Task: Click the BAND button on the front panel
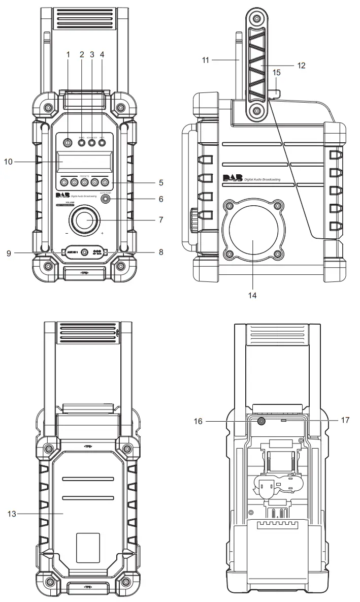[x=82, y=143]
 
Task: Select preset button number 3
[x=85, y=182]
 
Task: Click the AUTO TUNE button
[x=105, y=199]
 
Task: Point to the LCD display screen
[x=83, y=162]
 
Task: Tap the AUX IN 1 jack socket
[x=84, y=252]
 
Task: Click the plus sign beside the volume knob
[x=102, y=234]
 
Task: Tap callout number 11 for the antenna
[x=205, y=59]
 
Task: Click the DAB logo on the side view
[x=232, y=178]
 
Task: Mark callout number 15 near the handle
[x=277, y=73]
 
